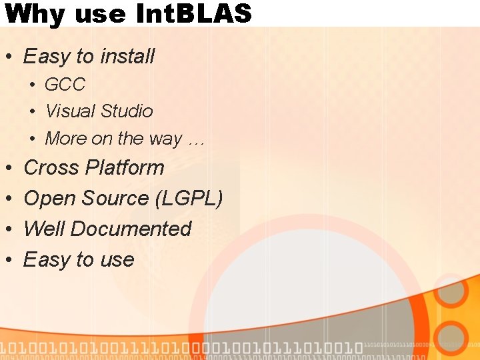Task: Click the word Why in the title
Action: (x=33, y=13)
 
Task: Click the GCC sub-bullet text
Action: (x=65, y=85)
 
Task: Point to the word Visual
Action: (x=70, y=111)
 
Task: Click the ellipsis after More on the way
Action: (x=196, y=139)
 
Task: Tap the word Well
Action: (x=44, y=229)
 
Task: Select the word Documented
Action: (x=131, y=229)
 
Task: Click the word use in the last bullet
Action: (x=117, y=259)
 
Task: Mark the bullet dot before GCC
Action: (x=32, y=85)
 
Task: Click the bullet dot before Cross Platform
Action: (x=8, y=168)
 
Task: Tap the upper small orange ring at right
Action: (x=451, y=291)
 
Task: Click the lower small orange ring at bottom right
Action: (x=453, y=337)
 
